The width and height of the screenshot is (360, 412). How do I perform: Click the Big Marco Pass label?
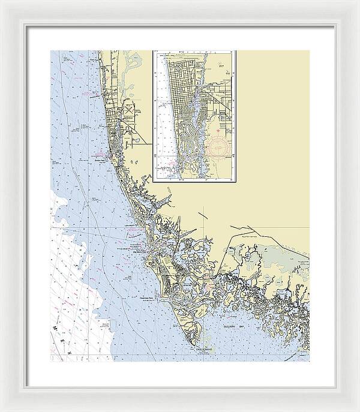tap(139, 252)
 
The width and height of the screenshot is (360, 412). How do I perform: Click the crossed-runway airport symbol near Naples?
tap(130, 113)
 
